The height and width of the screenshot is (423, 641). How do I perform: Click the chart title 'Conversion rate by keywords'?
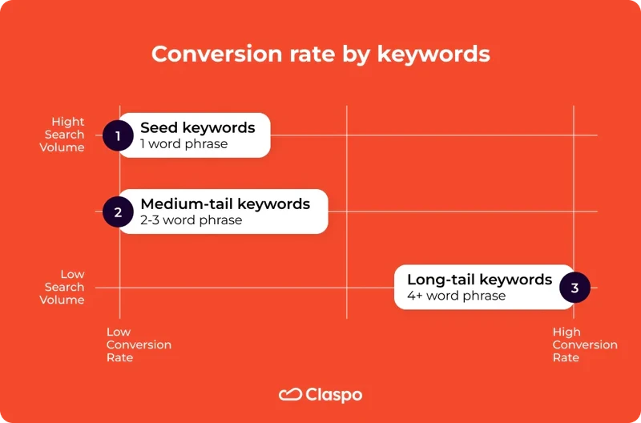click(x=320, y=54)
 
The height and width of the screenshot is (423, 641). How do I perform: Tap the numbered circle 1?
click(x=118, y=135)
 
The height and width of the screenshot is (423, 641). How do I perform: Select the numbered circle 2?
click(x=118, y=212)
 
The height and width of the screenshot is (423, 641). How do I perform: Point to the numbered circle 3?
click(x=574, y=287)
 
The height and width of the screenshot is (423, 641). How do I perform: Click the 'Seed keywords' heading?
click(x=197, y=127)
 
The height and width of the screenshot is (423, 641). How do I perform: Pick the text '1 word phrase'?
click(x=183, y=144)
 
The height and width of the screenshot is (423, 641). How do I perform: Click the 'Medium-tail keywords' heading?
click(x=225, y=203)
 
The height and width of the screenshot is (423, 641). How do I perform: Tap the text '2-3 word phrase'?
click(x=191, y=220)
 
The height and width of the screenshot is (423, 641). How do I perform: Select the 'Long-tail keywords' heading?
click(x=479, y=279)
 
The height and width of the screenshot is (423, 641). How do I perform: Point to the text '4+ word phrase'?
click(x=456, y=296)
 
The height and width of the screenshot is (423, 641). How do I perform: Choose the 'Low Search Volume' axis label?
click(x=64, y=287)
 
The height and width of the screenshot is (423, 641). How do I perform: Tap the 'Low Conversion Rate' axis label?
click(x=139, y=344)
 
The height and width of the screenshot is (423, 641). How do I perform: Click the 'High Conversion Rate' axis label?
click(x=584, y=344)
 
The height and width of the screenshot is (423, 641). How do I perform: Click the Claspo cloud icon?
click(x=289, y=394)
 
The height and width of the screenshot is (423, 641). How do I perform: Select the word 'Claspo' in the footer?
click(x=334, y=394)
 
